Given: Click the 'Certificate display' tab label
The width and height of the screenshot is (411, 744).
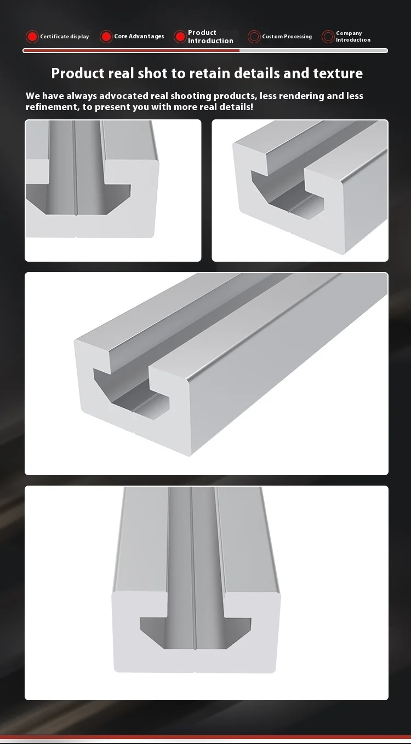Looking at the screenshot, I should tap(64, 37).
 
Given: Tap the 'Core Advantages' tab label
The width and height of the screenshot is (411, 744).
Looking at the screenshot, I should tap(139, 37).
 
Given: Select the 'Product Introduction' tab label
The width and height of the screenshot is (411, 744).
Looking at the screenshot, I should tap(210, 37).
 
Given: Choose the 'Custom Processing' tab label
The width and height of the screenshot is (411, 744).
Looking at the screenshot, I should tap(287, 37).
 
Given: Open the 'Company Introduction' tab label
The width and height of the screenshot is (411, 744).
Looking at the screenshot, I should tap(353, 37).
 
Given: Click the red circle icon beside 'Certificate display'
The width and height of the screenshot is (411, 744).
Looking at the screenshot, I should tap(32, 37).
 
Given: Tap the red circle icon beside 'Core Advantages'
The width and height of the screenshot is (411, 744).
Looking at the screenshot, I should tap(106, 37).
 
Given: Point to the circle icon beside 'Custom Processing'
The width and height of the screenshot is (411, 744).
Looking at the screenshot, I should tap(254, 37).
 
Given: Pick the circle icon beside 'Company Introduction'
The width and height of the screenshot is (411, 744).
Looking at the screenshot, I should tap(328, 37).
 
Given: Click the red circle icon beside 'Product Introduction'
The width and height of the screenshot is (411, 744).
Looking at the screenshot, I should tap(180, 37).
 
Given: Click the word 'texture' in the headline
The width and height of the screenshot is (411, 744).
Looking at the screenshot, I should tap(338, 73).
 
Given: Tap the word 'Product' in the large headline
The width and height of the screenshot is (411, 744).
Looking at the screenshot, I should tap(77, 73).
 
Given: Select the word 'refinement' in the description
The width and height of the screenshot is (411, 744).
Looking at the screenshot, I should tap(52, 107).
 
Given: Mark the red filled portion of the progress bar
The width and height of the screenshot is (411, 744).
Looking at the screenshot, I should tap(132, 51).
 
